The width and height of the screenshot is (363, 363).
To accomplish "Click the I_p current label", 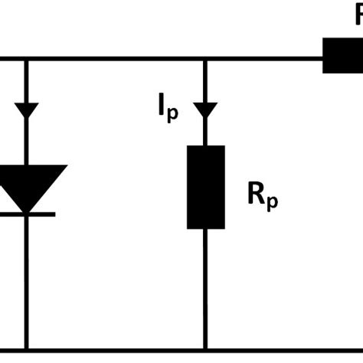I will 168,110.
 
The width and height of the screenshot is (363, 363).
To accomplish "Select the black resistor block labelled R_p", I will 205,187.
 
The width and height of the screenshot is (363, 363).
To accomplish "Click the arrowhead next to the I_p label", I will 205,111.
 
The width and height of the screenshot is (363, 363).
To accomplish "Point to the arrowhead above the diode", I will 27,110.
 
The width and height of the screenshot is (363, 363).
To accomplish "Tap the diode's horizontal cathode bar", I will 27,214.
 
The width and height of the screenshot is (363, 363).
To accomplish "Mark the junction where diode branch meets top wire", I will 27,57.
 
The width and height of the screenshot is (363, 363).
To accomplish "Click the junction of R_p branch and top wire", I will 205,57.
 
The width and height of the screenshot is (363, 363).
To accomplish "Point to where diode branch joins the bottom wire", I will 27,352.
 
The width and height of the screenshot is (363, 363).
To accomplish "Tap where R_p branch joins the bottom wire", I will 205,352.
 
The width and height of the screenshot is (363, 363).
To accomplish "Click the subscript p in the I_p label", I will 173,114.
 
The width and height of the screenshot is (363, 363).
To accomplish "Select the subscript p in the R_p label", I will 272,203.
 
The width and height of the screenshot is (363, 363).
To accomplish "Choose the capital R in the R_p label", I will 255,195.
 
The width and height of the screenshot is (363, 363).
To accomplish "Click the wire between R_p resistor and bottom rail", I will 205,291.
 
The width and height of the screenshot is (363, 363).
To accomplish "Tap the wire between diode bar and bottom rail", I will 27,283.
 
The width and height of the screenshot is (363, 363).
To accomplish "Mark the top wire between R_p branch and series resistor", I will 264,57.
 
